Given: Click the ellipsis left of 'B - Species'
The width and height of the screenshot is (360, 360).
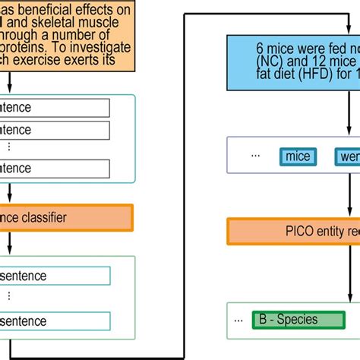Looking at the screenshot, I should click(242, 319).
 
